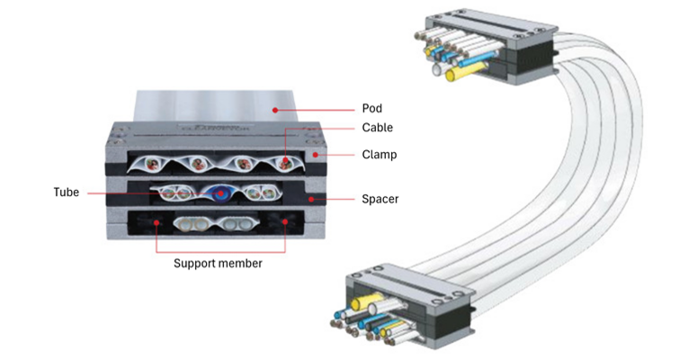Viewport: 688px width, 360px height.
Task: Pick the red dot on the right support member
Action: point(287,222)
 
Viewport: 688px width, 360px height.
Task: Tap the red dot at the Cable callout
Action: point(287,161)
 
